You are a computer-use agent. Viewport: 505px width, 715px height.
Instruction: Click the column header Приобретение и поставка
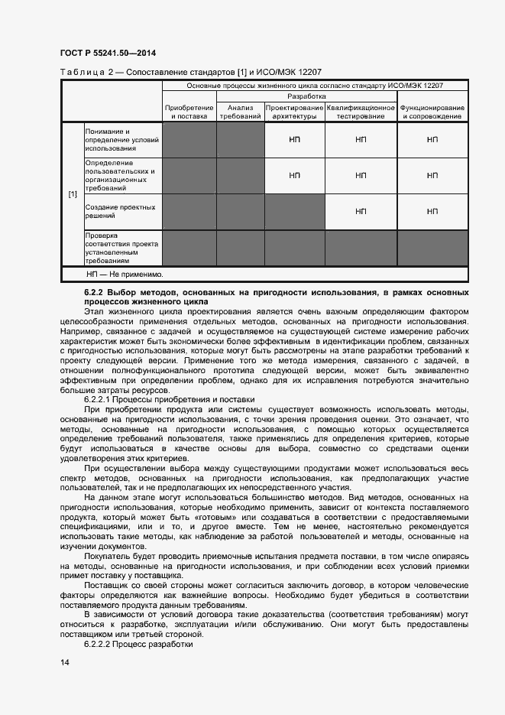[189, 112]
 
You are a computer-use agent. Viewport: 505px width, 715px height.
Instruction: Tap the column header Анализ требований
[241, 112]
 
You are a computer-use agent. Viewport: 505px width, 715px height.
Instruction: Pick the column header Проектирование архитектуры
[294, 112]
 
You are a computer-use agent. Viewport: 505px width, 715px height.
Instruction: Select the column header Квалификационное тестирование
[361, 112]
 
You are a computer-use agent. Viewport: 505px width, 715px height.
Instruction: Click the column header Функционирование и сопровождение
[432, 112]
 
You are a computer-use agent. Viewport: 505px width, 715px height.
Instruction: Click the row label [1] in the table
[73, 194]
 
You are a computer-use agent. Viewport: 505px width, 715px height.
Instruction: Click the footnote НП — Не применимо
[125, 273]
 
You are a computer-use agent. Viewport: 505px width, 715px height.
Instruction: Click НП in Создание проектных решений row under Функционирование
[432, 212]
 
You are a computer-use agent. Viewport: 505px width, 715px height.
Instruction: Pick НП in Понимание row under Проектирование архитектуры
[294, 140]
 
